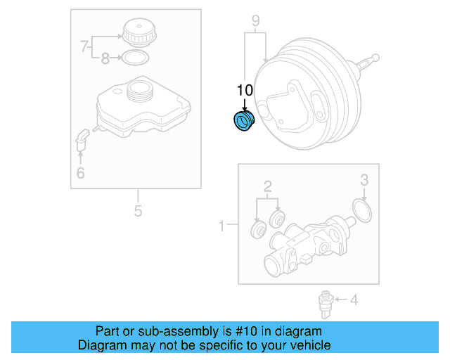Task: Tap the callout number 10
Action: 244,90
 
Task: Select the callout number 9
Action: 255,20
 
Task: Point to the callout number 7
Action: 85,47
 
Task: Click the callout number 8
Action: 105,59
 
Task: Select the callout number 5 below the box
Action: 138,210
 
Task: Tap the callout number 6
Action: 80,172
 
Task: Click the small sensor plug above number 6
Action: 81,139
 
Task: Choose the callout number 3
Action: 364,180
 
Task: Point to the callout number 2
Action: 268,186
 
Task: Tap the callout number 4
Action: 354,301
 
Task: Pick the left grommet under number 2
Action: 257,231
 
